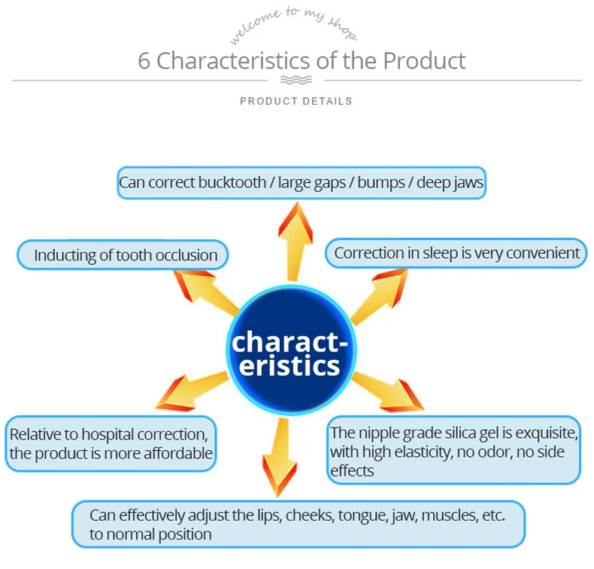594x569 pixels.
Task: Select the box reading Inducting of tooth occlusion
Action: tap(123, 255)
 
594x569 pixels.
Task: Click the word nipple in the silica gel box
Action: tap(384, 433)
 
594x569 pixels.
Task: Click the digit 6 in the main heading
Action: tap(144, 60)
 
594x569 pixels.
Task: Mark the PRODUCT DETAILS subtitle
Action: tap(296, 101)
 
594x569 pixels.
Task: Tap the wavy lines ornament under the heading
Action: tap(295, 80)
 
